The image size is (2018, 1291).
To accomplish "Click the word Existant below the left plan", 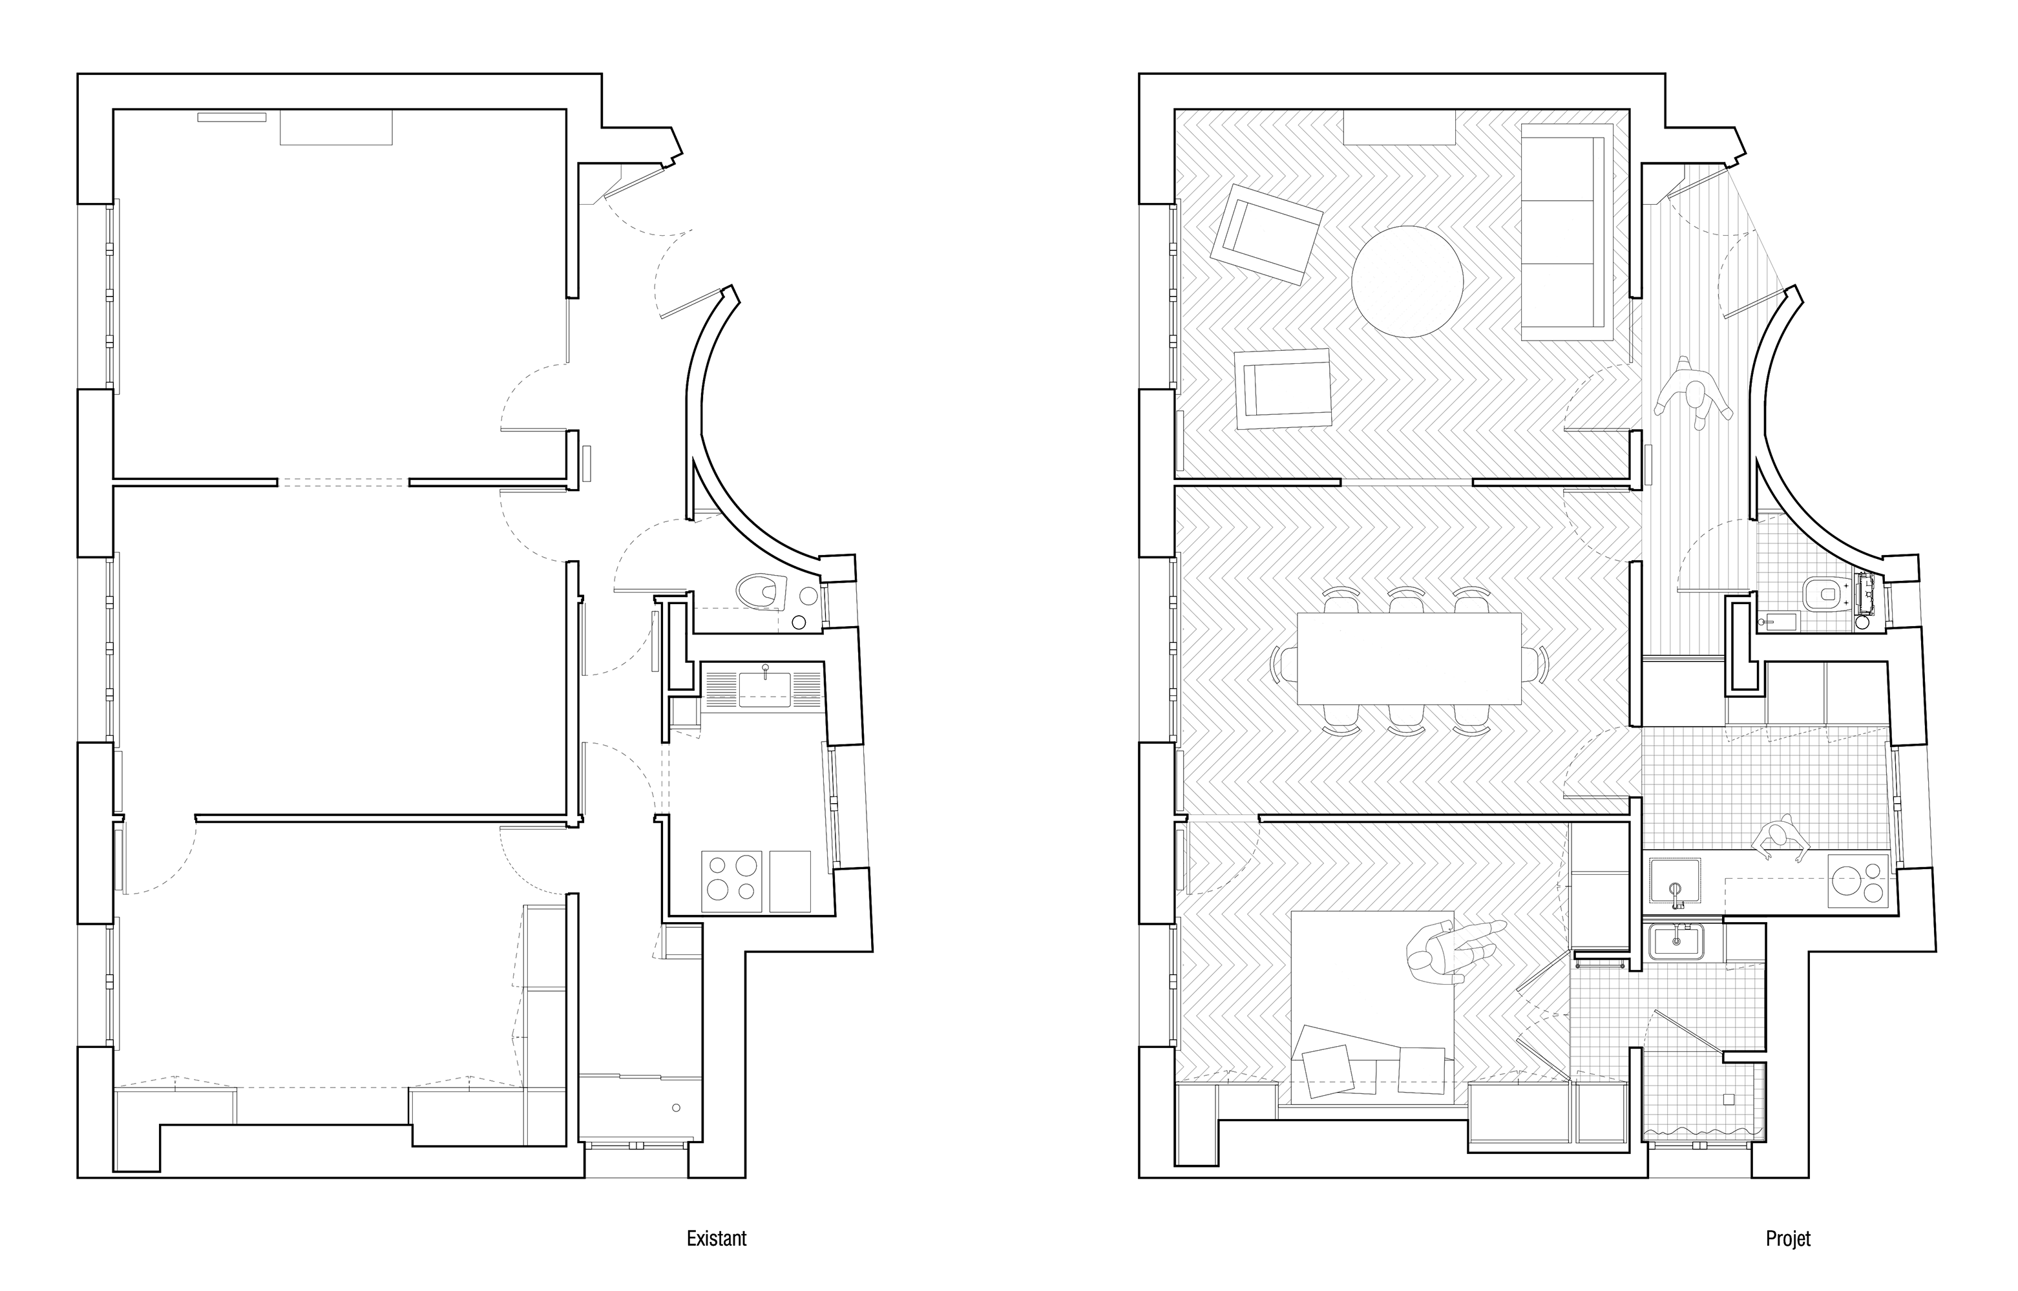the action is (x=716, y=1238).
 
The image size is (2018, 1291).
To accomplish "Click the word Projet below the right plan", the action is (x=1787, y=1238).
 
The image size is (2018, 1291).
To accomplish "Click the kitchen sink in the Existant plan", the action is (x=764, y=688).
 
